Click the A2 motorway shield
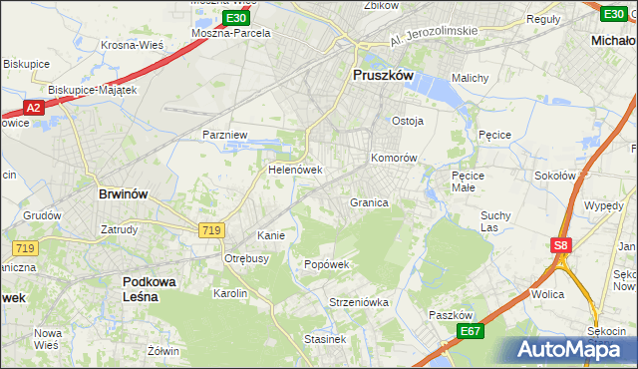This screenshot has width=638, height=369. point(33,107)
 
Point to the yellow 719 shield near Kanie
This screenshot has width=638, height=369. point(210,230)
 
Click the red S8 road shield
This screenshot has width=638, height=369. point(563,244)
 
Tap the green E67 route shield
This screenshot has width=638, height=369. point(471,331)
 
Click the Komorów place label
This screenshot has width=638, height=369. point(393,158)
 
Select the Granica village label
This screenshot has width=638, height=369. point(368,202)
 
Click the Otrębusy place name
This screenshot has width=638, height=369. point(247,258)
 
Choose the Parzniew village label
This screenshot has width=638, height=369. point(224,134)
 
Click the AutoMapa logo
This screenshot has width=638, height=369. point(564,349)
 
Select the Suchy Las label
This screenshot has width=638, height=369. point(496,219)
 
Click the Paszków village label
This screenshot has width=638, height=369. point(449,314)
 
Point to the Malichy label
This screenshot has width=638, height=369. point(469,78)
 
